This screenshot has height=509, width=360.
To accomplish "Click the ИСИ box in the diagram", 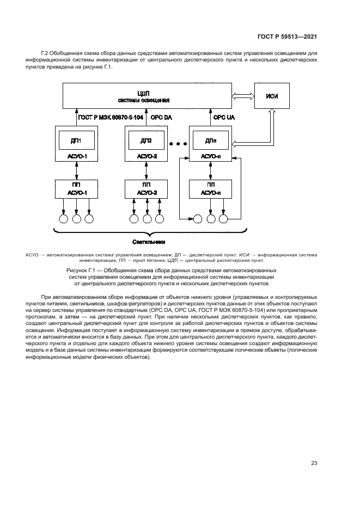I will click(x=272, y=96).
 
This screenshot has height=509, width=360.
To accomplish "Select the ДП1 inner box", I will click(x=76, y=140).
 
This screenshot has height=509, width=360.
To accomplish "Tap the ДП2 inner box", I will click(x=145, y=140).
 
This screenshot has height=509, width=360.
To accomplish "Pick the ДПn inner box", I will click(x=211, y=140).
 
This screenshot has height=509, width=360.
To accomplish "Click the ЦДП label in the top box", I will click(x=144, y=93).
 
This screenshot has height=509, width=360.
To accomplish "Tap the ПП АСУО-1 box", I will click(x=76, y=189).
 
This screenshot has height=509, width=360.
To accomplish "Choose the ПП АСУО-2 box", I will click(x=146, y=189).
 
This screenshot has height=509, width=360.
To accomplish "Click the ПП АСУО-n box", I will click(x=211, y=189).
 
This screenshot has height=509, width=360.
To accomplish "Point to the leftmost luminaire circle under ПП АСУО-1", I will click(x=63, y=219).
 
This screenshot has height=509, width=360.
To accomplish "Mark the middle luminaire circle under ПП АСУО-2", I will click(x=147, y=219).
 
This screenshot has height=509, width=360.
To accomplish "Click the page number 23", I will click(x=314, y=463).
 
